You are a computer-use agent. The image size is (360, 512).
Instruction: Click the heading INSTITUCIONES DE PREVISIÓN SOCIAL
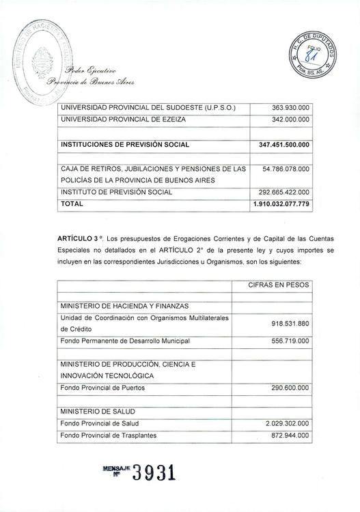pyautogui.click(x=125, y=145)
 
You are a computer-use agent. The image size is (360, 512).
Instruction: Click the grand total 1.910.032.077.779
pyautogui.click(x=281, y=203)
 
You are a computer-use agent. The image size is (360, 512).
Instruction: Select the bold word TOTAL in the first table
pyautogui.click(x=72, y=203)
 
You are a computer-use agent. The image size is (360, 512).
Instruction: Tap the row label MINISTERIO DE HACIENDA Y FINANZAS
pyautogui.click(x=124, y=306)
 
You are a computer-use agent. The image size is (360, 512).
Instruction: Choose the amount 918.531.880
pyautogui.click(x=290, y=323)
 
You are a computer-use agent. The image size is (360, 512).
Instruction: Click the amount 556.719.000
pyautogui.click(x=290, y=341)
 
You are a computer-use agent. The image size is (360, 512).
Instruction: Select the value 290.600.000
pyautogui.click(x=290, y=388)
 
